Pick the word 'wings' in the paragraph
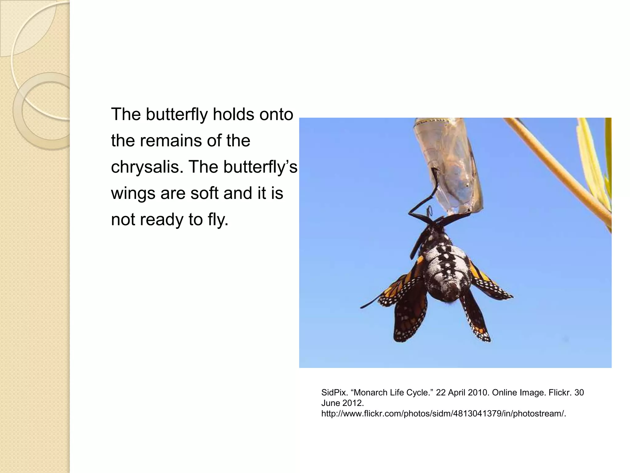click(133, 194)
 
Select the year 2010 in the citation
click(478, 393)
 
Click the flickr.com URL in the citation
click(444, 414)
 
